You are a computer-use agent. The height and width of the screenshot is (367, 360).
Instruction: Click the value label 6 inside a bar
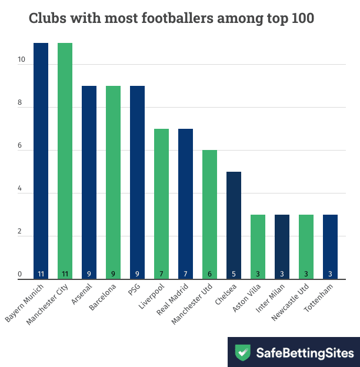pos(209,274)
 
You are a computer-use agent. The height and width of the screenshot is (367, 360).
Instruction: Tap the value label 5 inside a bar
pos(234,274)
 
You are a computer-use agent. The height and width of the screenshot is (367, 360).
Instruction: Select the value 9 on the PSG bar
pos(137,274)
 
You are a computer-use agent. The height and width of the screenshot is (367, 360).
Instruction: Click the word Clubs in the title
pos(46,19)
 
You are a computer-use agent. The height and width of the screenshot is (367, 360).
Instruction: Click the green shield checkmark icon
pos(242,352)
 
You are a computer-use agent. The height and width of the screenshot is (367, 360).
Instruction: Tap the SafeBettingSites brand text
pos(305,352)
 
